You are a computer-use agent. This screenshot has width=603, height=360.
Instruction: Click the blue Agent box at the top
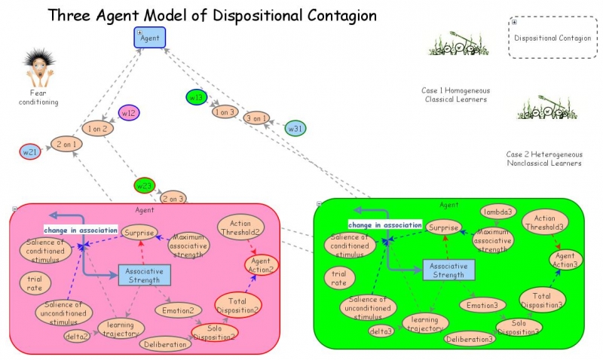(149, 38)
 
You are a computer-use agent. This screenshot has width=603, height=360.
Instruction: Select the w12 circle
(129, 114)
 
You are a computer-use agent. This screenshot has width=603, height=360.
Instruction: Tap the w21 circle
(30, 151)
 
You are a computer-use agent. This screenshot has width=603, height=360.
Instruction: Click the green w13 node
(197, 97)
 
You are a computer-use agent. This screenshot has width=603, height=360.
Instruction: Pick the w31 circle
(295, 128)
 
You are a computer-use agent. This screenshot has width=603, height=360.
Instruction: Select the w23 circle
(144, 185)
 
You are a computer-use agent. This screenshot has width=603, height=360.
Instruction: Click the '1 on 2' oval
(98, 129)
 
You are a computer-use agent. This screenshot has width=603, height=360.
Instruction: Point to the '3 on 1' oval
(256, 118)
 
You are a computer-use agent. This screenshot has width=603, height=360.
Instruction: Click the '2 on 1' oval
(66, 144)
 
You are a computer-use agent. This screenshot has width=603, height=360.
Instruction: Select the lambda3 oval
(498, 212)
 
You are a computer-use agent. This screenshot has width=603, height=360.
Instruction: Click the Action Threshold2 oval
(240, 227)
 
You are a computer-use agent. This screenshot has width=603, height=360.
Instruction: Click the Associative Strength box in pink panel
(144, 275)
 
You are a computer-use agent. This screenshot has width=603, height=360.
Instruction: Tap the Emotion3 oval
(482, 305)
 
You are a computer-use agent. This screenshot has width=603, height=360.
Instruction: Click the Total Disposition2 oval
(238, 305)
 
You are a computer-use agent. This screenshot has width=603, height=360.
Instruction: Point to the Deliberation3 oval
(470, 339)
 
